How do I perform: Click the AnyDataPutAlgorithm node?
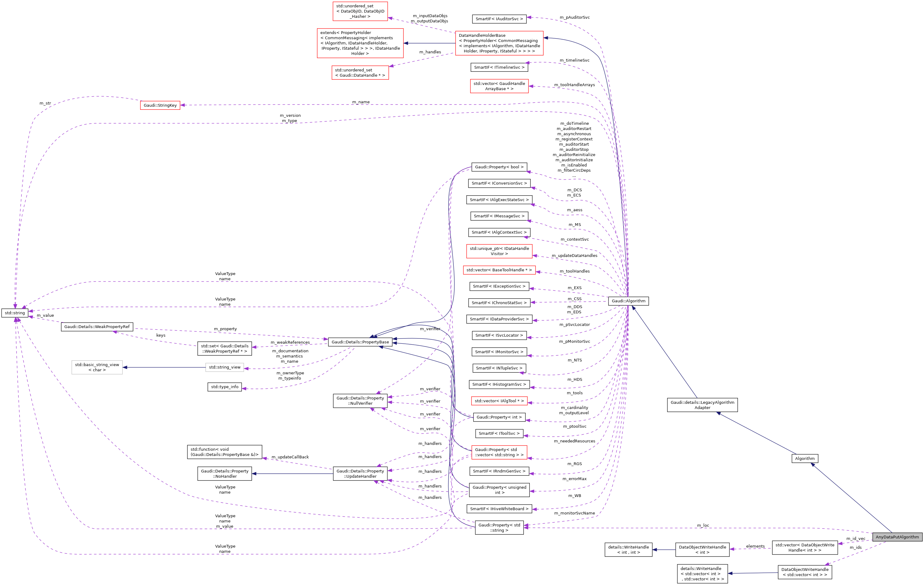(x=897, y=537)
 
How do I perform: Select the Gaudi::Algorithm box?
(x=628, y=301)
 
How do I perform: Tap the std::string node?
(x=15, y=313)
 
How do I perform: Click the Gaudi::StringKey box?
(x=160, y=105)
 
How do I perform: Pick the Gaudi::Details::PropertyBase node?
(x=360, y=342)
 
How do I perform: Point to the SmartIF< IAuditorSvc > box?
(x=499, y=19)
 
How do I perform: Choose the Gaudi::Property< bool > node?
(x=499, y=167)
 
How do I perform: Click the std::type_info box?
(x=224, y=387)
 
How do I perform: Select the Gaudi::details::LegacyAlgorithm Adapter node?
(x=702, y=405)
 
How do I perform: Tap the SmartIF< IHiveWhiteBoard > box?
(x=499, y=509)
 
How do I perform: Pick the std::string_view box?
(x=224, y=367)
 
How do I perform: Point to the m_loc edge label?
(x=703, y=526)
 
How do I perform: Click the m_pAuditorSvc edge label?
(x=575, y=17)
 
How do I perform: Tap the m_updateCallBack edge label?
(x=290, y=457)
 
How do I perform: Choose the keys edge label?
(x=161, y=335)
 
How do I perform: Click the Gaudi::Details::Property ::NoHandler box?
(x=224, y=474)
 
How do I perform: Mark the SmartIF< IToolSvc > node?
(x=499, y=433)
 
